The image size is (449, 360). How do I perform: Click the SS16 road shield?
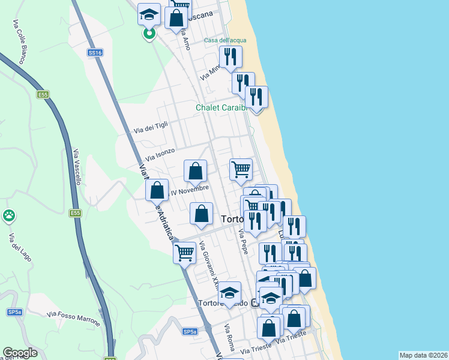point(95,53)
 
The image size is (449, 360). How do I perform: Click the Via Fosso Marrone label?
point(73,317)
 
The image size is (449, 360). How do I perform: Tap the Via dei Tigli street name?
point(151,127)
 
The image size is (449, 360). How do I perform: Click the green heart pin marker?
point(148,34)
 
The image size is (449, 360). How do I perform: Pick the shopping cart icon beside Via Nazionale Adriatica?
point(184,252)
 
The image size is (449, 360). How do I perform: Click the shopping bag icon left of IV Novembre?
point(157,191)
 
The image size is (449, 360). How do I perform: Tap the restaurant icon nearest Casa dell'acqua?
point(231,58)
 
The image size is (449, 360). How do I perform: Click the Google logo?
point(20,353)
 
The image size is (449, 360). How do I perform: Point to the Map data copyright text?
point(423,355)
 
